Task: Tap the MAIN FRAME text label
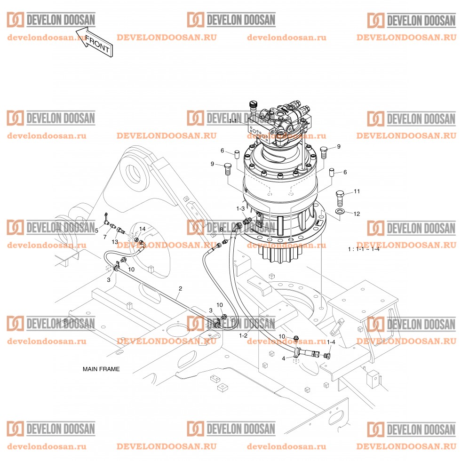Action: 101,369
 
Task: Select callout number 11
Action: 357,191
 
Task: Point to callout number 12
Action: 357,214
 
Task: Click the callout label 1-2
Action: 243,335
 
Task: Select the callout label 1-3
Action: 240,208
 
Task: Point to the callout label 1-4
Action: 331,342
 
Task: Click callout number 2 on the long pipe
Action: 180,288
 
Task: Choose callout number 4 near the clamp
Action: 283,358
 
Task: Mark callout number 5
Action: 96,230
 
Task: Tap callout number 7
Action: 105,237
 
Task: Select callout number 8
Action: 222,229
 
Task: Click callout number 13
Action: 114,241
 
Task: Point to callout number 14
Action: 142,229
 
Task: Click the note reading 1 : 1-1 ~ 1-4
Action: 363,248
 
